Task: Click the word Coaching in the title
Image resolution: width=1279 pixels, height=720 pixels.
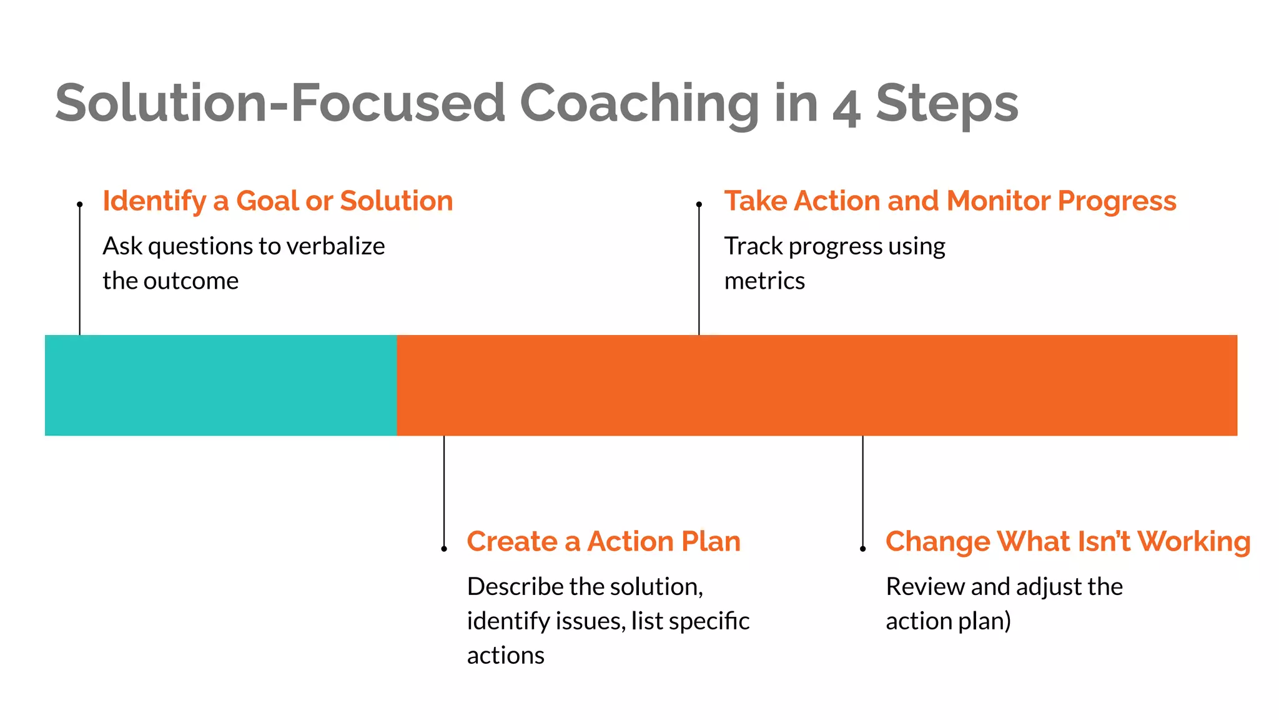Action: (638, 104)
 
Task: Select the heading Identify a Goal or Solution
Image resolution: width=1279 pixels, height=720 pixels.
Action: (278, 201)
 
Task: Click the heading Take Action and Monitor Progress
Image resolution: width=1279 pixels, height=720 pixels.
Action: (950, 201)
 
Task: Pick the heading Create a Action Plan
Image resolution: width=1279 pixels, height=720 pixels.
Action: (603, 541)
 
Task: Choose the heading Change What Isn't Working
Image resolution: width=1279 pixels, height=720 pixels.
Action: (1067, 541)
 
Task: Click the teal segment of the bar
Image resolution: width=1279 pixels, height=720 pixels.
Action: (220, 385)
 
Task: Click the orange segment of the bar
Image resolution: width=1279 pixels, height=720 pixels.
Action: (816, 385)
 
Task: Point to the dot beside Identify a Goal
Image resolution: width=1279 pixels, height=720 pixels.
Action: (80, 204)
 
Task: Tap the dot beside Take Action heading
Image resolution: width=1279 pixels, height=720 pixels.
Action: (699, 204)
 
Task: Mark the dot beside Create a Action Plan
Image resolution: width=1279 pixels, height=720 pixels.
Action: (444, 549)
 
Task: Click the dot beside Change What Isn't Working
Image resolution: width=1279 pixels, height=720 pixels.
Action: (862, 549)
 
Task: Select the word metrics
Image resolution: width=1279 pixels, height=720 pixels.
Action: (764, 281)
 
